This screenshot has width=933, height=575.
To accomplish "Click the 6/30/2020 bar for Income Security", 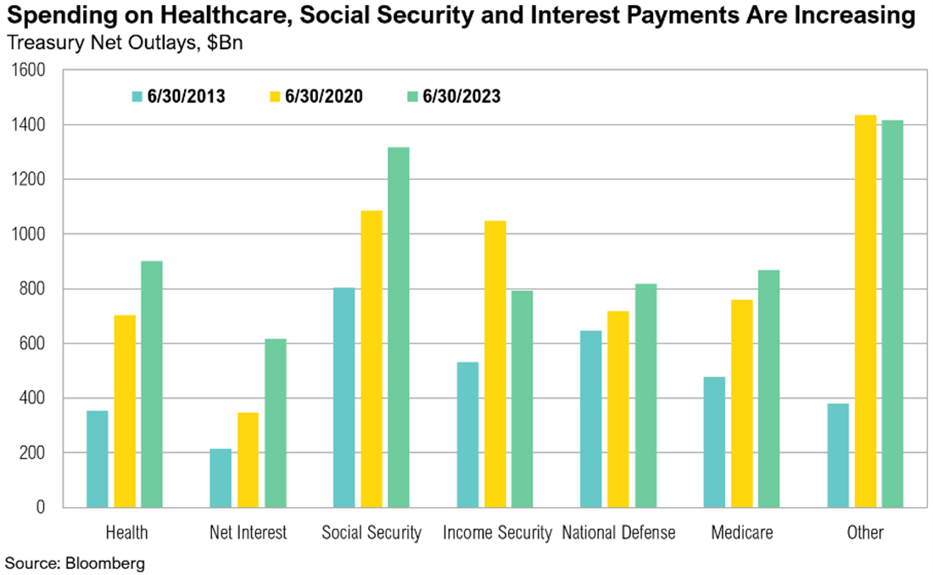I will (495, 364).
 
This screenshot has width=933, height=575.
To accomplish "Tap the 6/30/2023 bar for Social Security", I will (399, 327).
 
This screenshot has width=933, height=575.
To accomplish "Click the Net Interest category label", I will (249, 533).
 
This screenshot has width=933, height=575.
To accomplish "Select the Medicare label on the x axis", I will (742, 533).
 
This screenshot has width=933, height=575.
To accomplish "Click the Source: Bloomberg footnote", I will (75, 562).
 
